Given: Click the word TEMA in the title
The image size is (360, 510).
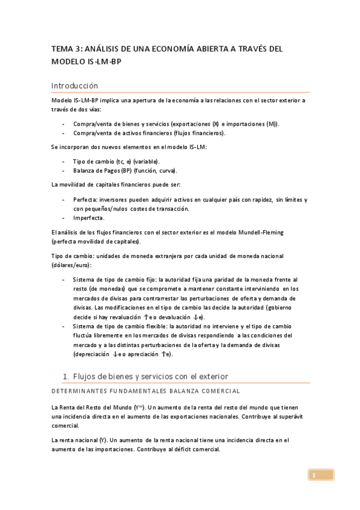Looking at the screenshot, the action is click(60, 49).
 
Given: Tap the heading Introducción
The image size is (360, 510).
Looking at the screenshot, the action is click(75, 86).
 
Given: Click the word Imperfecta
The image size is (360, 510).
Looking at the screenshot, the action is click(88, 218).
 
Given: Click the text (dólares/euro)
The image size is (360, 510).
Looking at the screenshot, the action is click(72, 265).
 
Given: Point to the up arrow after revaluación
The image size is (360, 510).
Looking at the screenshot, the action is click(147, 317).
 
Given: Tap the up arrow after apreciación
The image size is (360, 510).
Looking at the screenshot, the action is click(164, 354).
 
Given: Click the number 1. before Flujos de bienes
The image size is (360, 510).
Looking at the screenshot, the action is click(67, 376).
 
